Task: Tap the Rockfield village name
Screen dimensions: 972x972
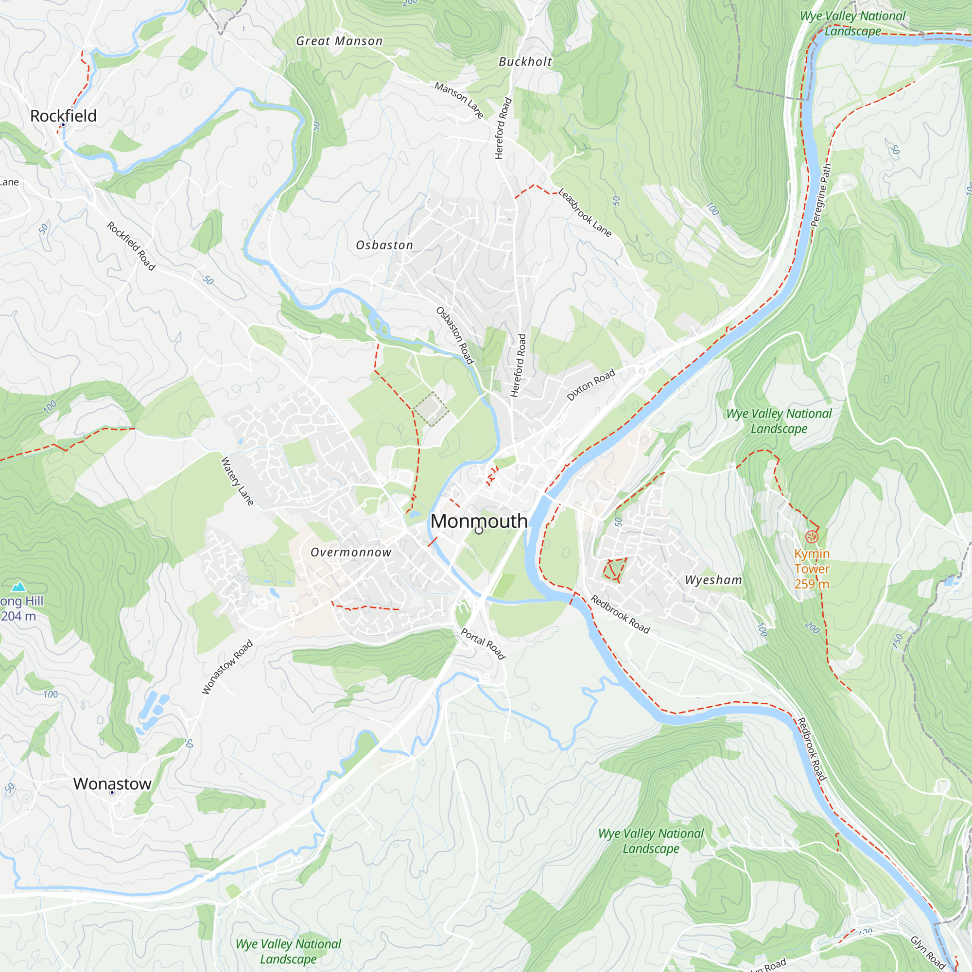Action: point(63,116)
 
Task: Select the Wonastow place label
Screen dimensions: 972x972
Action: point(112,783)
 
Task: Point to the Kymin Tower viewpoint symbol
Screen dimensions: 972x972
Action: point(812,537)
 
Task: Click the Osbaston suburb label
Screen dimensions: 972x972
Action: point(384,245)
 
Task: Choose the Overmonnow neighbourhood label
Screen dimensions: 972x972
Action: point(351,553)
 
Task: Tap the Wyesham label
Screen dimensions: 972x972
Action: point(713,580)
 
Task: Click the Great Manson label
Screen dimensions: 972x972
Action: point(339,41)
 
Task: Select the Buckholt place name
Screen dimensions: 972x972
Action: point(525,62)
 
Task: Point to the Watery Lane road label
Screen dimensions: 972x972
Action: point(238,481)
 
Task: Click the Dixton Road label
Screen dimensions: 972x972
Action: point(590,385)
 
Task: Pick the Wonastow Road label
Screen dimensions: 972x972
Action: point(227,667)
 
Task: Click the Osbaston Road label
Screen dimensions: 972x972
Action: point(455,335)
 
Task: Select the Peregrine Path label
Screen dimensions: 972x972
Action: point(821,195)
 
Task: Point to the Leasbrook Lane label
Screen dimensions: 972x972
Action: point(585,213)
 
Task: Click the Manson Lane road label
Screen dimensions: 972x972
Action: point(459,100)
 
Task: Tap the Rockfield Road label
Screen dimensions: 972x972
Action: point(131,246)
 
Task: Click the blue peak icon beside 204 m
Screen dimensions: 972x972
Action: point(18,587)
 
